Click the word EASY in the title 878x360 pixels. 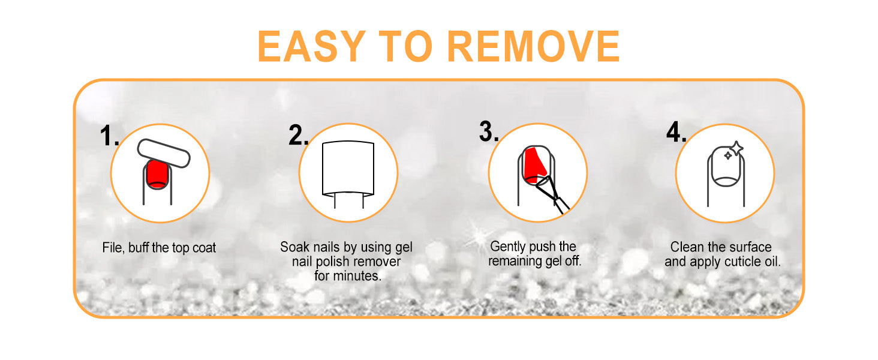(311, 46)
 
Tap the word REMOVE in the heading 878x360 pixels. (534, 46)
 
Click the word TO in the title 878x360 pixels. (405, 46)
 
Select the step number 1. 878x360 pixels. (109, 136)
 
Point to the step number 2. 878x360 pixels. (298, 135)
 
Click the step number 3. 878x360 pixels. (489, 131)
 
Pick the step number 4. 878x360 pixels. (676, 132)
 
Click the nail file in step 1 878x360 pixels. (164, 154)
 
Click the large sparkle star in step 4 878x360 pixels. (736, 149)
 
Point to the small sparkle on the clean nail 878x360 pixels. (728, 156)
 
